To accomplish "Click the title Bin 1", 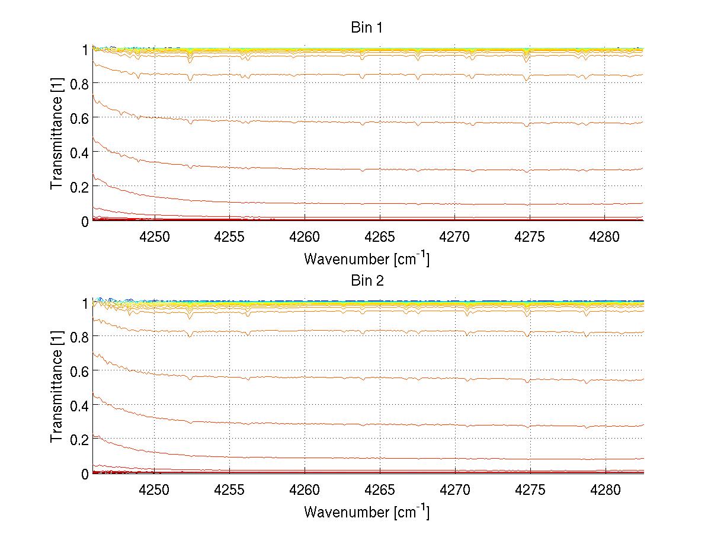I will click(x=367, y=28).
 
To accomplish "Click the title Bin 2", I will click(x=367, y=281).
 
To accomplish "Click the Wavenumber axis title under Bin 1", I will click(x=367, y=259).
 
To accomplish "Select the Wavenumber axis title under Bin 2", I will click(x=367, y=511).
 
